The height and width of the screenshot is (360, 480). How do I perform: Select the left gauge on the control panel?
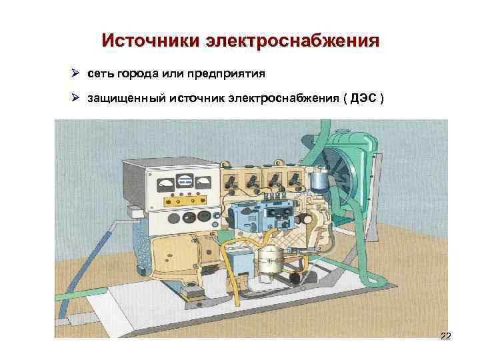(163, 182)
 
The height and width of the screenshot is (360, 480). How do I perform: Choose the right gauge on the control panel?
(203, 181)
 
